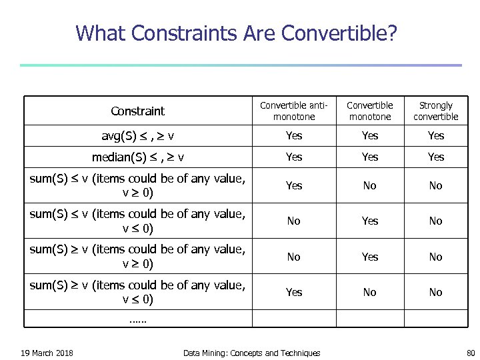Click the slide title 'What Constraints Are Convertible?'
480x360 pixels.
(x=236, y=32)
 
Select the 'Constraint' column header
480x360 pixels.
(x=137, y=111)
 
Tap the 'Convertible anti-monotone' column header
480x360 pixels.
(x=293, y=111)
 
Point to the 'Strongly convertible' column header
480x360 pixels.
(x=435, y=111)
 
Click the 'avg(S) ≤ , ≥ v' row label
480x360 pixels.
(x=138, y=136)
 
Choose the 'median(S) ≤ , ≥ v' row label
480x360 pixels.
(x=138, y=157)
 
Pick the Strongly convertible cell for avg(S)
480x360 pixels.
(x=435, y=136)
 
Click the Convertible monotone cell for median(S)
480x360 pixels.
(x=370, y=157)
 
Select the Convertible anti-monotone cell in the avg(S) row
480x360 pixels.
(x=293, y=136)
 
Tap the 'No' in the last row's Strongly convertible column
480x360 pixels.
(x=435, y=292)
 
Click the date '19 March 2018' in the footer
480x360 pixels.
(x=47, y=353)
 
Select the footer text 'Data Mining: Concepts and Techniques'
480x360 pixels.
(x=251, y=353)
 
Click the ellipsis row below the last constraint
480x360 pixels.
(x=137, y=319)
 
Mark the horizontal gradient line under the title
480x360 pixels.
(x=240, y=65)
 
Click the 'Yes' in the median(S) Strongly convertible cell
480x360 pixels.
(x=435, y=157)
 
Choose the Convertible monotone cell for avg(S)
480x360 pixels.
(x=370, y=136)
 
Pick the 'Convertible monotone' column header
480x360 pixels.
(x=370, y=111)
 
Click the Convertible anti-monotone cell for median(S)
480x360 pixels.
(x=293, y=157)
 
